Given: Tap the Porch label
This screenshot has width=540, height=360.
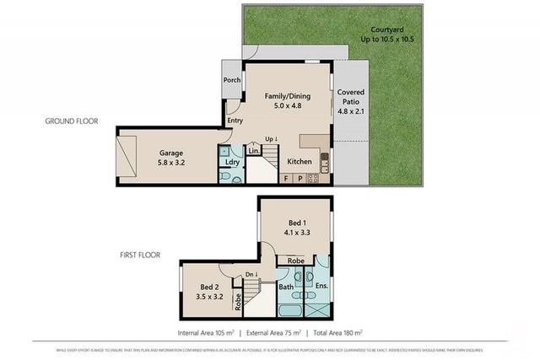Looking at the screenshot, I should [x=232, y=80].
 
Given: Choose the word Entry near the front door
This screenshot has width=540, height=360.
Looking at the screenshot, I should [x=235, y=121].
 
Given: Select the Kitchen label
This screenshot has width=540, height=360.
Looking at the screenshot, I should [x=300, y=161].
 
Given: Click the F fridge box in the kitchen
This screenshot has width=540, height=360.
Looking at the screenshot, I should [x=287, y=178].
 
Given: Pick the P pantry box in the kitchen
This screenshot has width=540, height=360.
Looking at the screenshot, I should [x=300, y=178].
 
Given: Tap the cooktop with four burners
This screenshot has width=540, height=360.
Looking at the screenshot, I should [x=312, y=178].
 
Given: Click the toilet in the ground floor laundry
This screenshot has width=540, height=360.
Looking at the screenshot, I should [x=227, y=177].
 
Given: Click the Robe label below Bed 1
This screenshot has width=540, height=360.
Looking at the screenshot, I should [x=295, y=261].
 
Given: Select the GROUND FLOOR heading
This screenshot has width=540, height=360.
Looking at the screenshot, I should [x=71, y=121].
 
